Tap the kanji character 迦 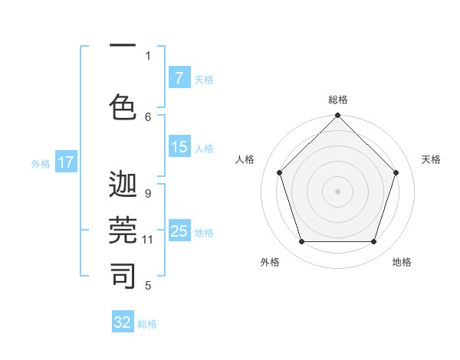(x=123, y=185)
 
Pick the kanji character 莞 (x=123, y=230)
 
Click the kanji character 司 (x=123, y=275)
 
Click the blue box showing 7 (x=179, y=78)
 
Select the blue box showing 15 (x=179, y=147)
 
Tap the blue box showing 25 (x=179, y=231)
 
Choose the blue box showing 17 (x=66, y=162)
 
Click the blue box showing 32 (x=123, y=322)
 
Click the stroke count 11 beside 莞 (x=148, y=240)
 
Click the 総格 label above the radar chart (x=337, y=100)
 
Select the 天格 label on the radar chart (x=432, y=159)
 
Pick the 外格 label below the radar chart (x=270, y=262)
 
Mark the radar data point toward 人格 (x=279, y=172)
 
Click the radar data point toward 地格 (x=373, y=242)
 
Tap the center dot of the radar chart (x=337, y=191)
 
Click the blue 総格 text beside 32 (x=147, y=324)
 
